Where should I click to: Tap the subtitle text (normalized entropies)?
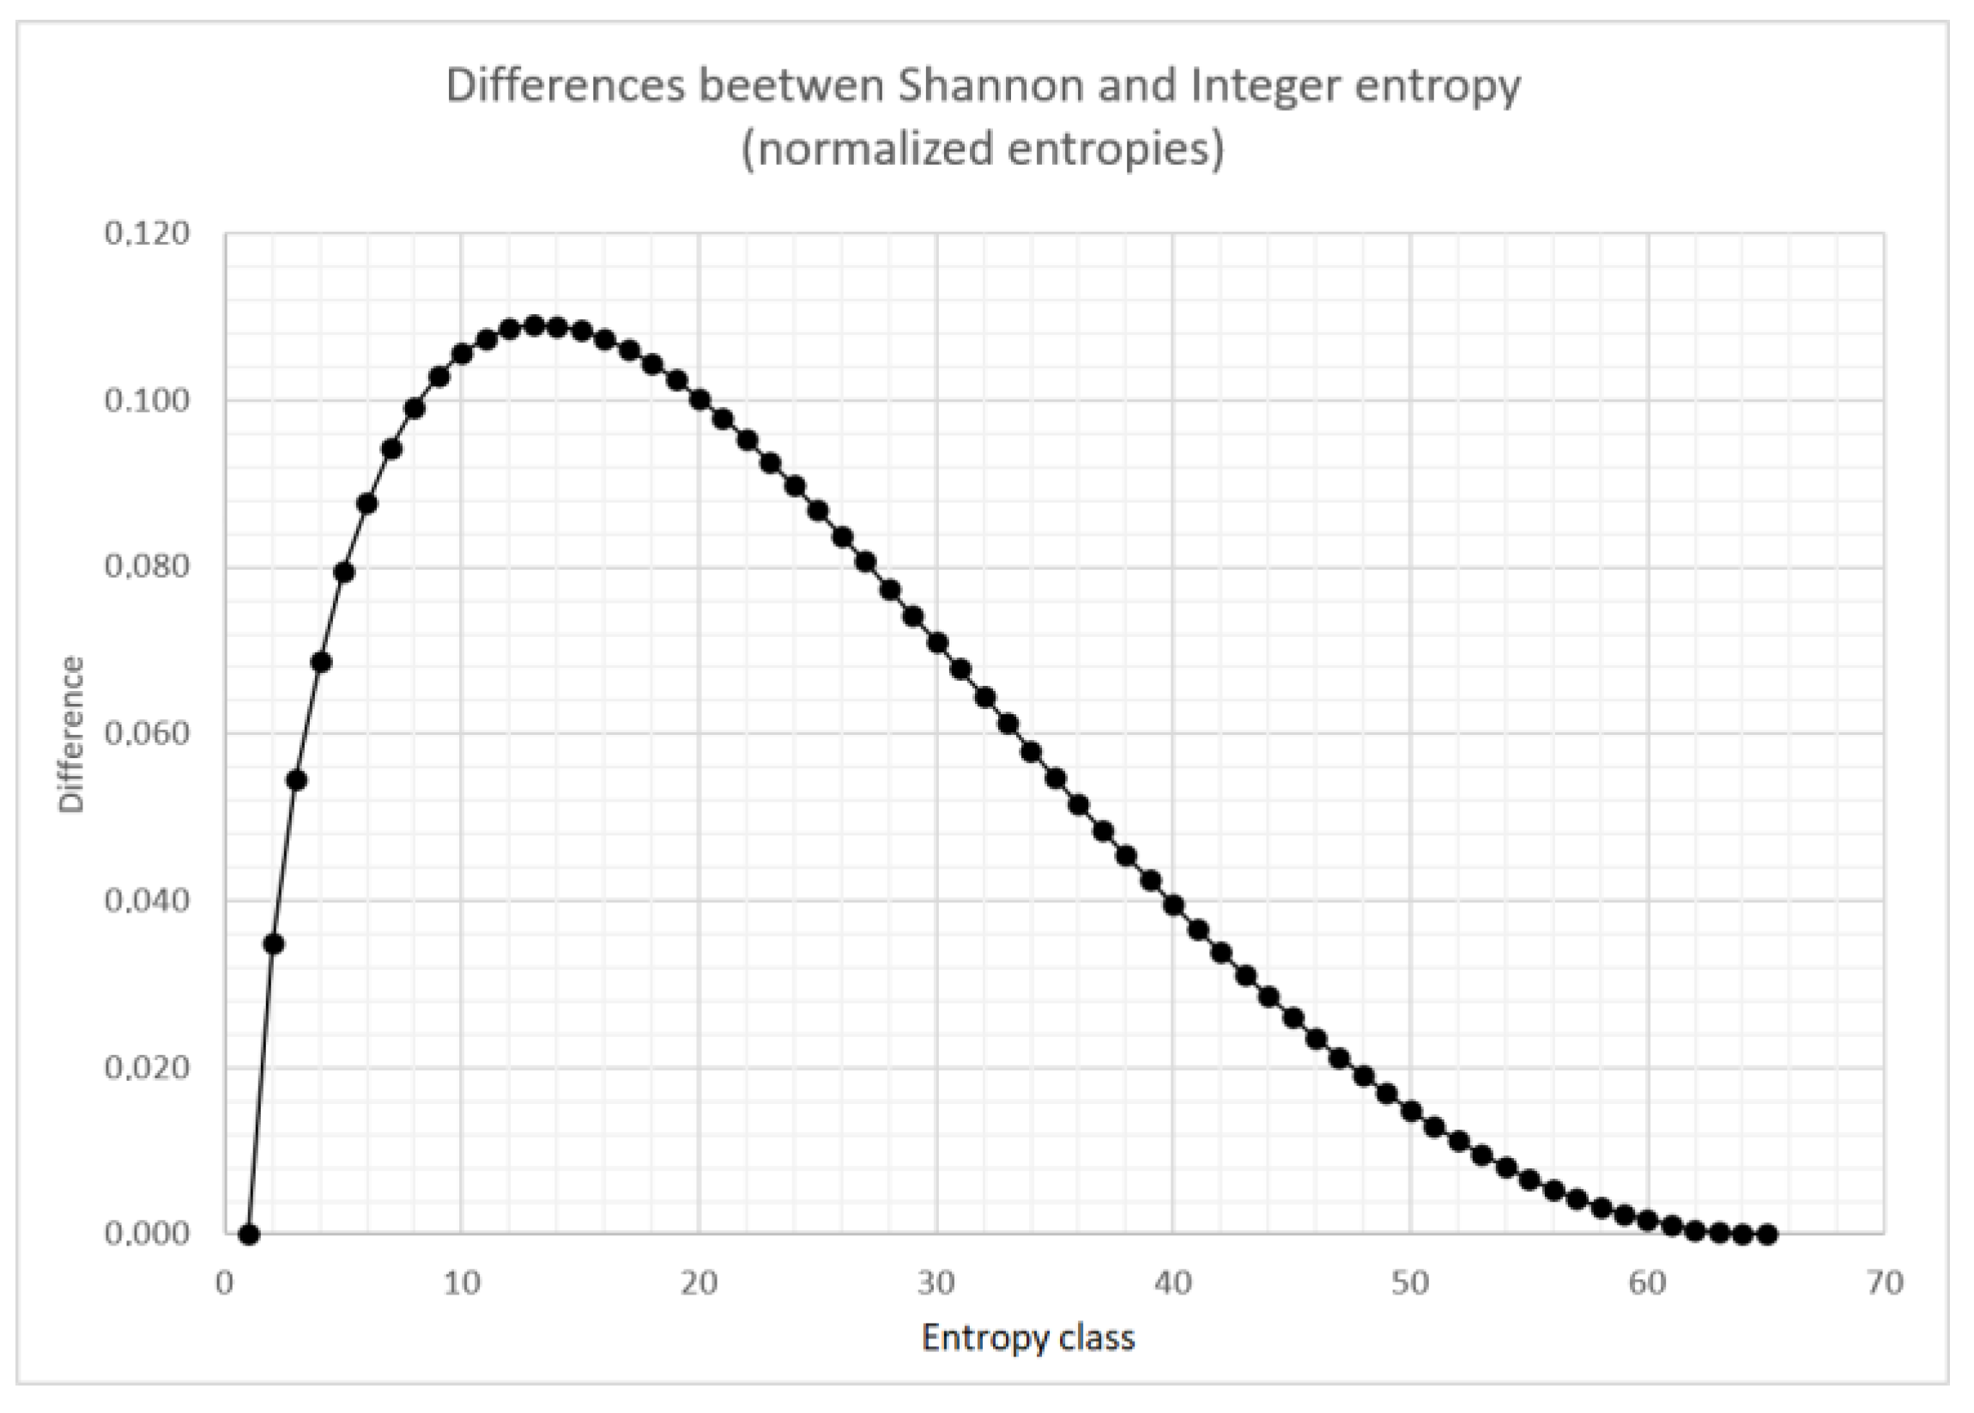tap(982, 149)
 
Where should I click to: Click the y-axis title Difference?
tap(71, 733)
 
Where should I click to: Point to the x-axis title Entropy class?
tap(1027, 1337)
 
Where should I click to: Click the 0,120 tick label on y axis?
tap(147, 233)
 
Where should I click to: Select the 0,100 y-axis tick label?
tap(147, 400)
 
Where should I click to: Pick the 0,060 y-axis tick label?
tap(147, 733)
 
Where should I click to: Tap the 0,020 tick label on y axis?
tap(147, 1067)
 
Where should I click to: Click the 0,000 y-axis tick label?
tap(147, 1233)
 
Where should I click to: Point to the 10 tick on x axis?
tap(462, 1283)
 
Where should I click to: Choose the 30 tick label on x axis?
tap(936, 1283)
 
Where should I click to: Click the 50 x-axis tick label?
tap(1410, 1283)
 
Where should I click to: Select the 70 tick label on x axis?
tap(1885, 1283)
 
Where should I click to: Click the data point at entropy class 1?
tap(249, 1234)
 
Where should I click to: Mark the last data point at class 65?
tap(1766, 1234)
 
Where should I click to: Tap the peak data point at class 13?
tap(534, 325)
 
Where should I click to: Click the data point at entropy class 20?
tap(699, 400)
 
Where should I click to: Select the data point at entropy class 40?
tap(1172, 905)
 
